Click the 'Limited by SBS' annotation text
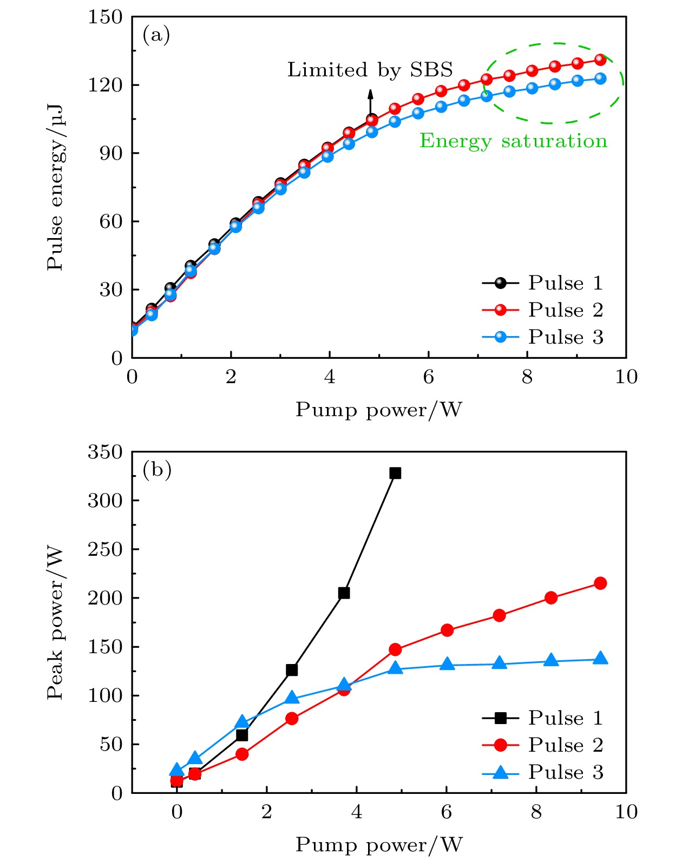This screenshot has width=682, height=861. point(370,70)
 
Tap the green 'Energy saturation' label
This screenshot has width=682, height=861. point(513,141)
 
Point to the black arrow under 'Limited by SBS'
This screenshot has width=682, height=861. point(370,102)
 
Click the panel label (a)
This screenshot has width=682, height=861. point(156,35)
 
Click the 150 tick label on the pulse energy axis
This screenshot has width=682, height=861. point(106,17)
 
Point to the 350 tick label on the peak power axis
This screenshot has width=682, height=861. point(106,452)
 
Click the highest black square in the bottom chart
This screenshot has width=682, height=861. point(395,473)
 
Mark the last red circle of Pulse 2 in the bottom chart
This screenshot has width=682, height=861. point(600,583)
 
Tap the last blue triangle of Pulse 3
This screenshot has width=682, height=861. point(600,659)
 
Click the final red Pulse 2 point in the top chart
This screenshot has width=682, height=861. point(600,60)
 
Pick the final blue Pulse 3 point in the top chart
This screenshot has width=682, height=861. point(600,78)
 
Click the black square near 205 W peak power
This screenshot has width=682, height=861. point(344,593)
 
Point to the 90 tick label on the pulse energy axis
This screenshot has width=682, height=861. point(111,153)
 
